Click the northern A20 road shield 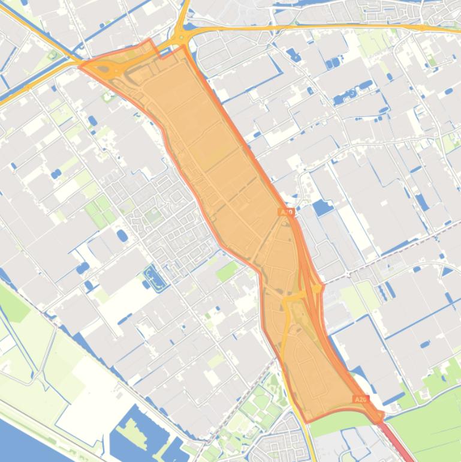click(x=287, y=212)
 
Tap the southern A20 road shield click(x=360, y=399)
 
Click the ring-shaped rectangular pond click(x=153, y=278)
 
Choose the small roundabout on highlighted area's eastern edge click(x=316, y=288)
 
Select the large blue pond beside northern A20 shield click(x=323, y=208)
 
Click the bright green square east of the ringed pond click(x=227, y=271)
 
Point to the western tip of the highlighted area click(x=81, y=65)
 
